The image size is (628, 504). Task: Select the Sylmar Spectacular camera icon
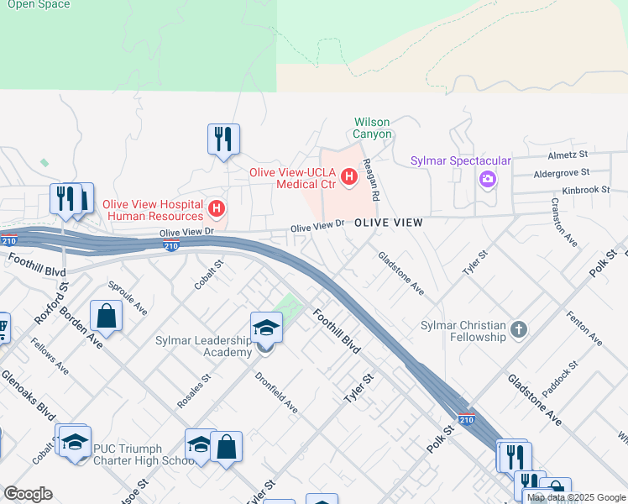coord(487,179)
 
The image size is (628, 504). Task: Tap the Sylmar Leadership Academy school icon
coord(266,328)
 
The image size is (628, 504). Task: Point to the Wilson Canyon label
coord(372,128)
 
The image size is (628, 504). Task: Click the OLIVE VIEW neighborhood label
coord(387,223)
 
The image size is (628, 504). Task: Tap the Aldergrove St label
coord(563,174)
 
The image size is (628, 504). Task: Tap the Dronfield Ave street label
coord(276,392)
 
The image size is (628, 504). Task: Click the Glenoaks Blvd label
coord(28,395)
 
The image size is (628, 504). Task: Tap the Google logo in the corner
coord(28,493)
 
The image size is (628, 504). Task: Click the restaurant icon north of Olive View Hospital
coord(224,139)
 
